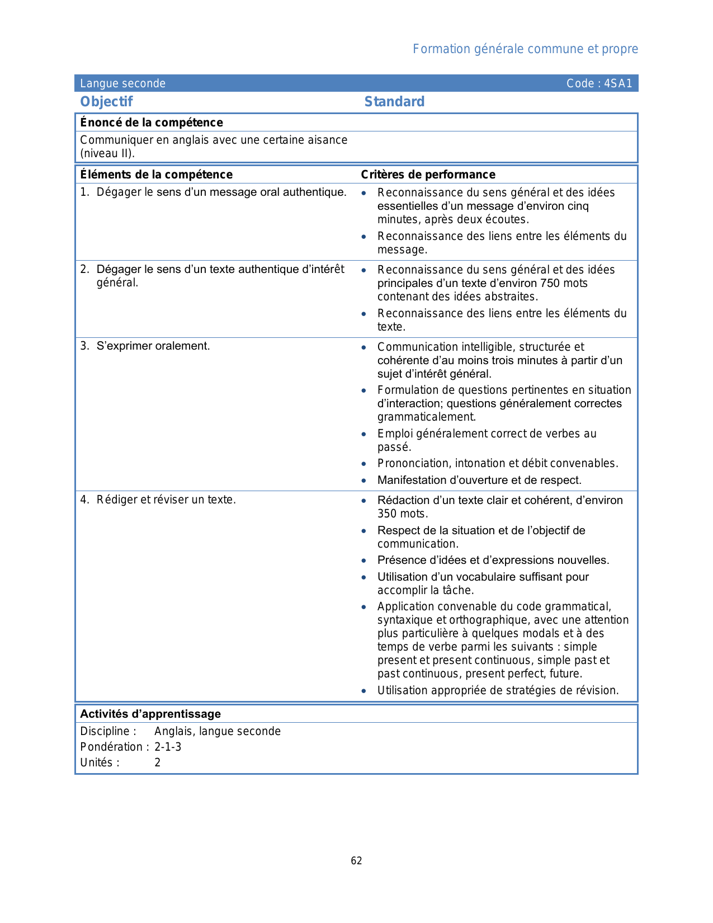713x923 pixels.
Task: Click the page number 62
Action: coord(356,861)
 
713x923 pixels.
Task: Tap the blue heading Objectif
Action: coord(106,101)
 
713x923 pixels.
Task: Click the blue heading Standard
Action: coord(394,101)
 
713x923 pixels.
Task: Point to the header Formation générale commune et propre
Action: coord(525,49)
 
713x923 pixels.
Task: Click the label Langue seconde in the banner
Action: coord(122,83)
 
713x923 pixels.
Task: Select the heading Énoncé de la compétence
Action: coord(152,123)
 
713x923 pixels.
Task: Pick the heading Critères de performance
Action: coord(428,175)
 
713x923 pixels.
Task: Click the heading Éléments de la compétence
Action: coord(156,175)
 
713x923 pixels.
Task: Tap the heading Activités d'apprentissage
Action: coord(150,714)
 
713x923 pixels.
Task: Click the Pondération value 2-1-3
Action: coord(168,747)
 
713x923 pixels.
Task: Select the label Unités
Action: coord(100,762)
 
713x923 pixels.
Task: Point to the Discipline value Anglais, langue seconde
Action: coord(218,731)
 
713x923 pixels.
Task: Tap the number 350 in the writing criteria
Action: coord(387,514)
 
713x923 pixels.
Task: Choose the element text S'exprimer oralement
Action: coord(153,346)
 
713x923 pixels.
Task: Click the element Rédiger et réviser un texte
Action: coord(166,500)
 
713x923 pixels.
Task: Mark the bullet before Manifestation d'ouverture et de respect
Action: coord(363,481)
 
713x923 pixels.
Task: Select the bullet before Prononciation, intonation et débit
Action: coord(363,464)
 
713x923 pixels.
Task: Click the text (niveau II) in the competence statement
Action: coord(107,153)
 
